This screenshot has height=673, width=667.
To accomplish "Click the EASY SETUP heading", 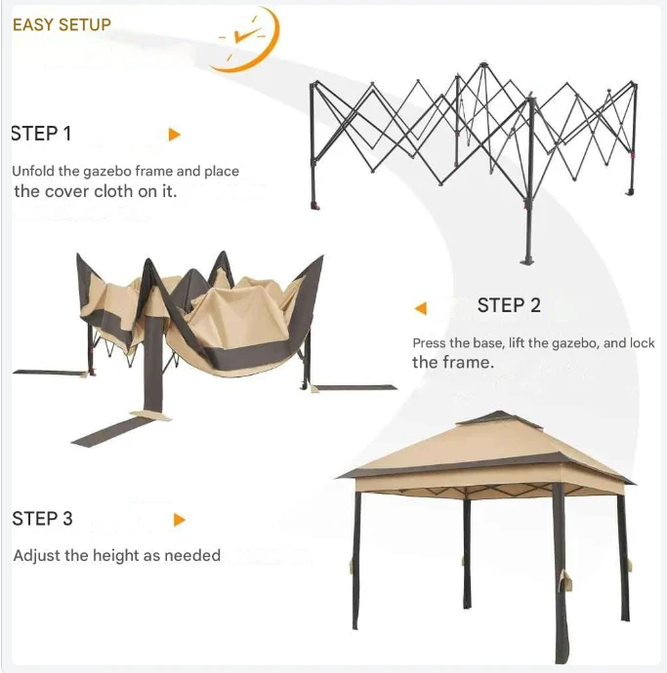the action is [x=62, y=24].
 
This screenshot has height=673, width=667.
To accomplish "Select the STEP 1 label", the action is [x=41, y=134].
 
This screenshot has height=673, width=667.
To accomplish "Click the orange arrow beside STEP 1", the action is [x=174, y=135].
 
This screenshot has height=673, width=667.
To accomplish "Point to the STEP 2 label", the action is [x=509, y=305].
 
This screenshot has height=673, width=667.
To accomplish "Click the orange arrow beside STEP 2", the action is [x=421, y=308].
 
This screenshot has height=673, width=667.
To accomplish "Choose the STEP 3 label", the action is [x=42, y=519].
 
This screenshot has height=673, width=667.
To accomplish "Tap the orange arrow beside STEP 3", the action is [x=180, y=520].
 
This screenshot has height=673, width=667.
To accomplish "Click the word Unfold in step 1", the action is [x=33, y=171].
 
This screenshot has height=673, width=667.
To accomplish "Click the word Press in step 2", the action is [x=428, y=343].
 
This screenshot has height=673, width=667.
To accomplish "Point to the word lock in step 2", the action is [x=642, y=343].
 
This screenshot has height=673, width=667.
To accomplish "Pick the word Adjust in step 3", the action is [x=37, y=555].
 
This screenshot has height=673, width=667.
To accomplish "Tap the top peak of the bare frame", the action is [x=483, y=64].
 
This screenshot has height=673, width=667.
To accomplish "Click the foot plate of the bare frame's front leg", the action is [x=527, y=260].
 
